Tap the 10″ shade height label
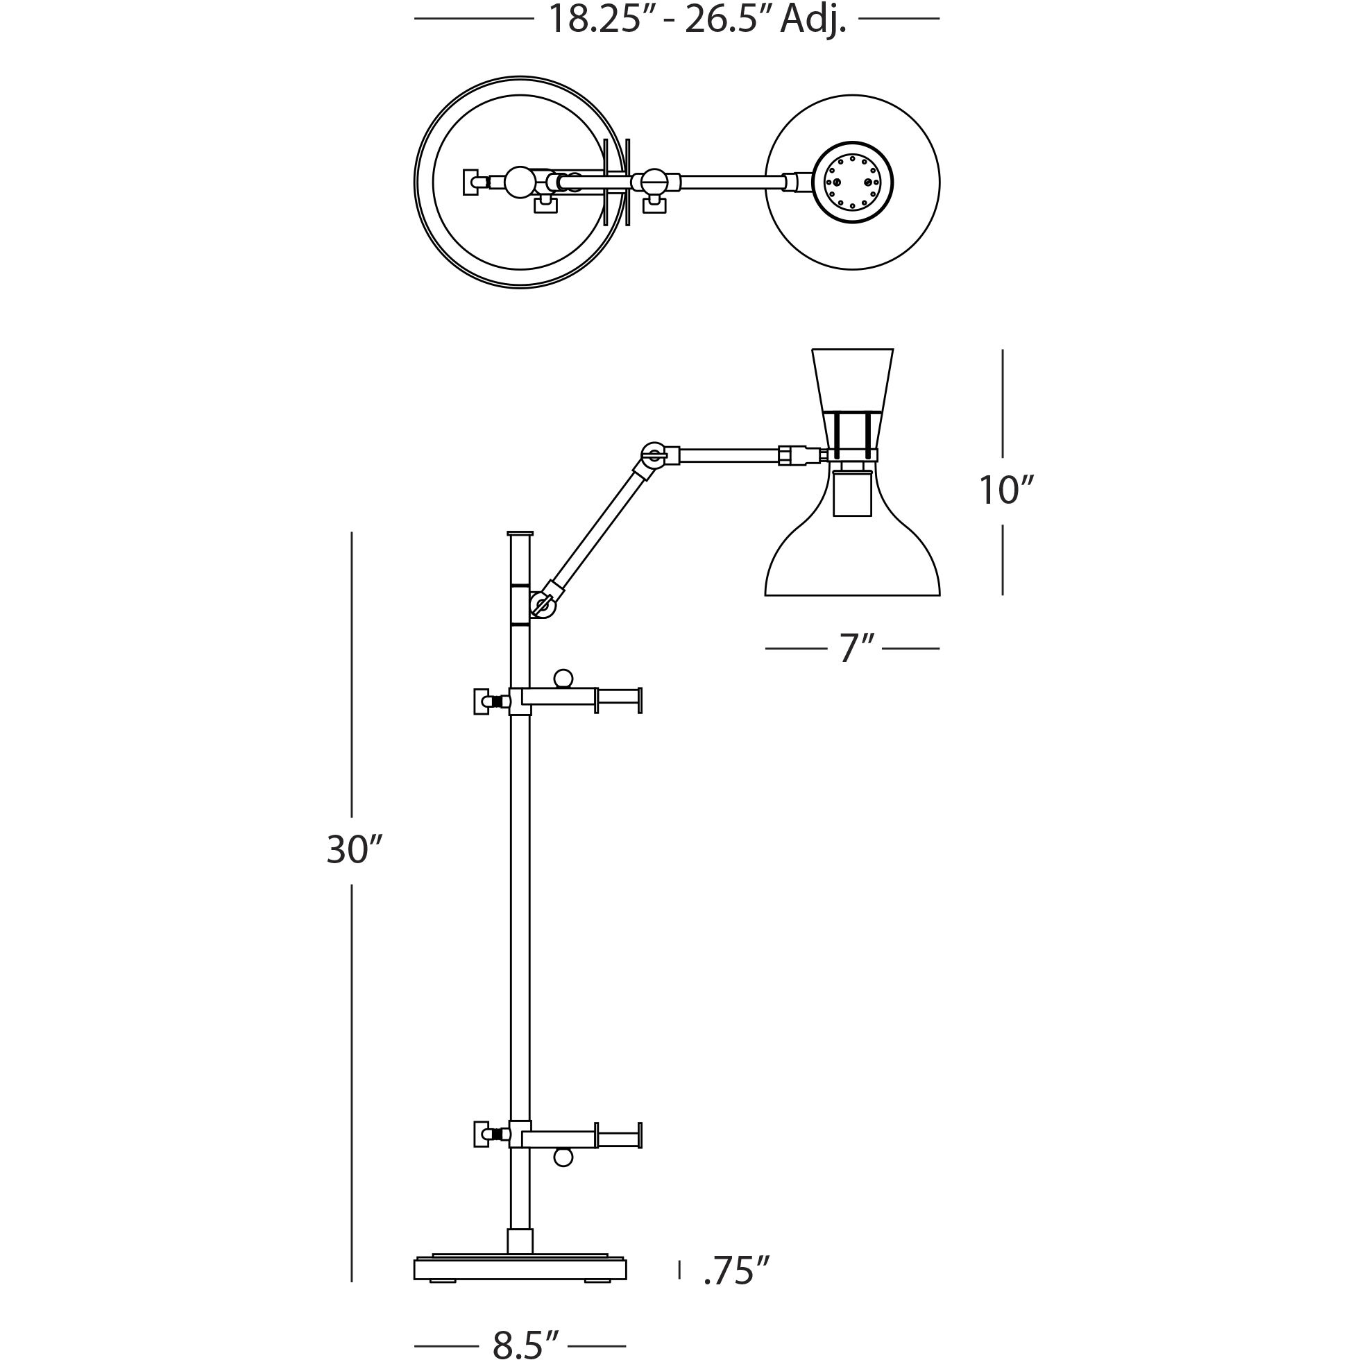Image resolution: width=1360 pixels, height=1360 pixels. coord(1007,491)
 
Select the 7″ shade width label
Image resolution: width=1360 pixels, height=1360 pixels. coord(857,648)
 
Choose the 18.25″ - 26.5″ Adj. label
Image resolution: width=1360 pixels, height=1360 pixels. coord(696,19)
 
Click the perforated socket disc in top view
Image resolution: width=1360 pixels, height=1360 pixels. coord(853,182)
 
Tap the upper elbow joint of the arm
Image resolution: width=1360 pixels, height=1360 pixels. coord(654,454)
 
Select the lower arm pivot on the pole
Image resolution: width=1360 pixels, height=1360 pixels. coord(542,604)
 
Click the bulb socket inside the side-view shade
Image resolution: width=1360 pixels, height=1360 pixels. coord(853,493)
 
